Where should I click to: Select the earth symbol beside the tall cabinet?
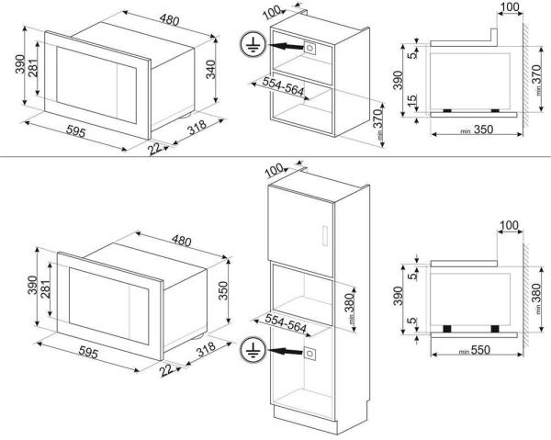point(248,350)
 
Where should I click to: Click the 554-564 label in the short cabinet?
point(275,86)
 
